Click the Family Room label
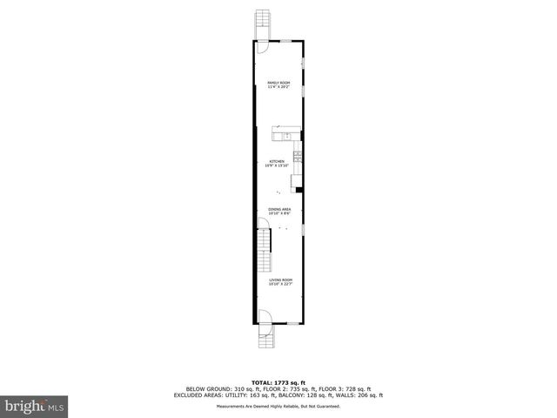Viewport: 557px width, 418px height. (278, 82)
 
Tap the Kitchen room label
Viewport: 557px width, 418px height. (278, 162)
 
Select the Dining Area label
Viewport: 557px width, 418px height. (278, 210)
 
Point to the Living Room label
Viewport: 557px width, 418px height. (280, 280)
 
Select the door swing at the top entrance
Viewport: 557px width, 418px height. (264, 49)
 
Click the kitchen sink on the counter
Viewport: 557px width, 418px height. (285, 136)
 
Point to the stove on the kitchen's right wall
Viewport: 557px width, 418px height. (298, 156)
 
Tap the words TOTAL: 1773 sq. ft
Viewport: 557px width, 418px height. (278, 382)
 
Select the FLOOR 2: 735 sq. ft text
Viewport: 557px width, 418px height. (288, 388)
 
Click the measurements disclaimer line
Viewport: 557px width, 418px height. (278, 406)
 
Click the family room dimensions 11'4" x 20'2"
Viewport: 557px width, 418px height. (278, 86)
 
